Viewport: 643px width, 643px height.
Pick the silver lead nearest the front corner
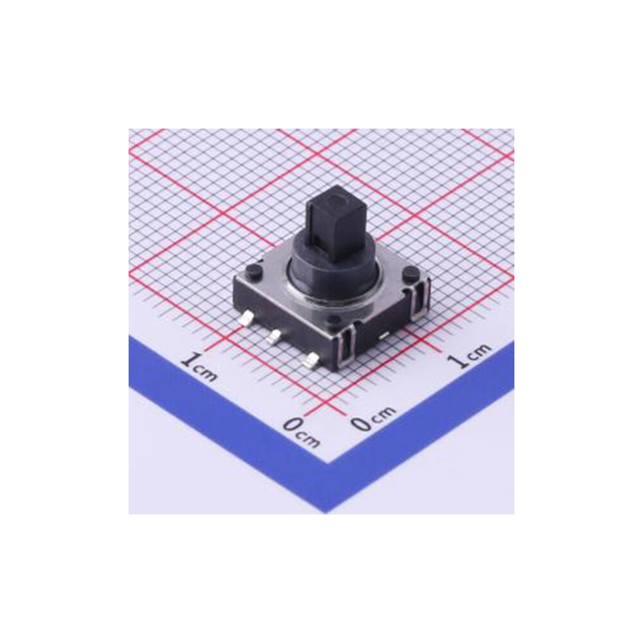[x=311, y=361]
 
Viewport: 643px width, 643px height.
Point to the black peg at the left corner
[x=252, y=270]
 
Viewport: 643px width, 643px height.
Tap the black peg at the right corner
[x=409, y=275]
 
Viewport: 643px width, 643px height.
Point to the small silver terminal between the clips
[x=383, y=335]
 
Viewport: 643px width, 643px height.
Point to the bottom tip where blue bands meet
[x=328, y=508]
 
